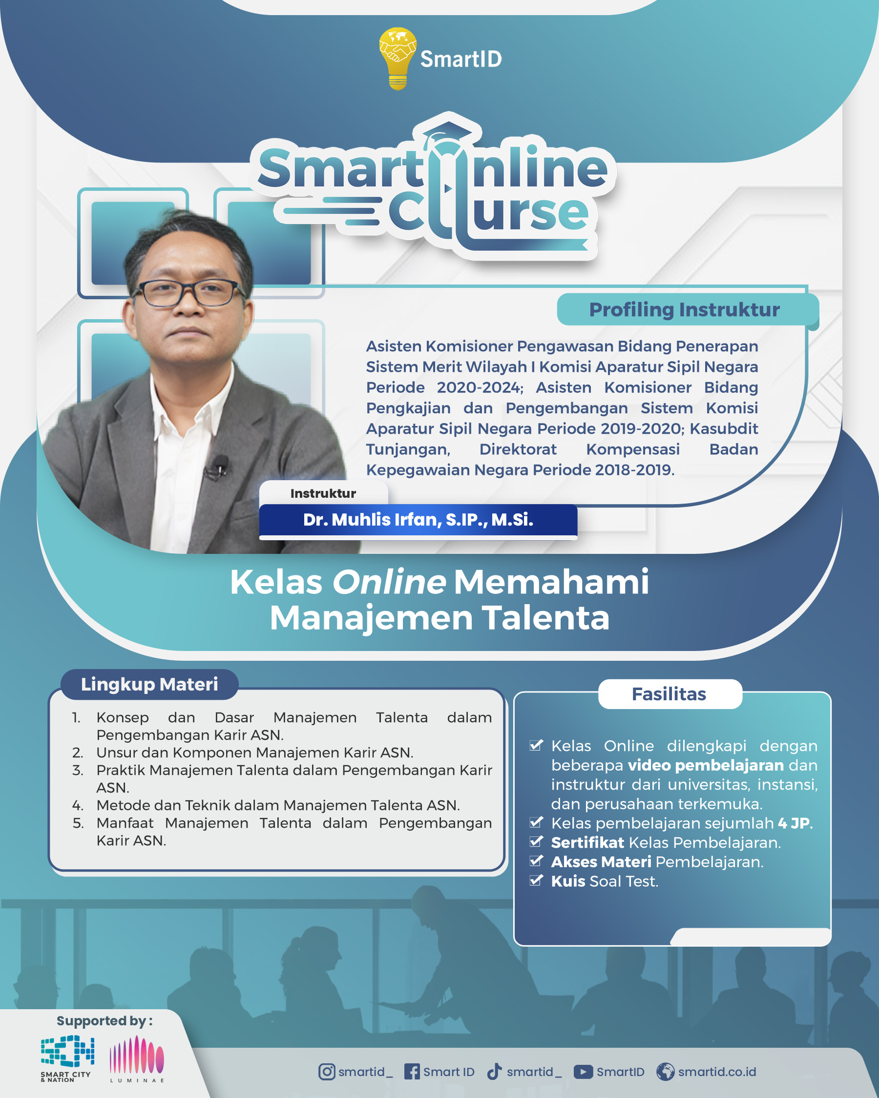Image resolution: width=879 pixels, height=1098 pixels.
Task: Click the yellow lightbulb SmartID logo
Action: pyautogui.click(x=398, y=59)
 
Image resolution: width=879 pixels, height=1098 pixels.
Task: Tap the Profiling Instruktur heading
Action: pyautogui.click(x=684, y=310)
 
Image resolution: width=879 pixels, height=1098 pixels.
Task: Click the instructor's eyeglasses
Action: pyautogui.click(x=188, y=293)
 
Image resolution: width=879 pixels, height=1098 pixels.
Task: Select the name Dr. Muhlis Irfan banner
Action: pyautogui.click(x=418, y=520)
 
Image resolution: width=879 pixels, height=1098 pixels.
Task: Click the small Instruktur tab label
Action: pyautogui.click(x=323, y=493)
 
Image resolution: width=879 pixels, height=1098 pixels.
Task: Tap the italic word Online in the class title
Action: pyautogui.click(x=389, y=582)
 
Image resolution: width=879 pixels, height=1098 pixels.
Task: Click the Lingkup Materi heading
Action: pyautogui.click(x=149, y=684)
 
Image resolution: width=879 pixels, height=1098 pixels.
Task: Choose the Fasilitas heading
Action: pyautogui.click(x=669, y=694)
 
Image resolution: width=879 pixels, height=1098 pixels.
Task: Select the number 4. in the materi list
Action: pyautogui.click(x=78, y=806)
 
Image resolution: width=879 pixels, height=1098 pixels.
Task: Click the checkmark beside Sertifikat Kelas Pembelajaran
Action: pyautogui.click(x=536, y=841)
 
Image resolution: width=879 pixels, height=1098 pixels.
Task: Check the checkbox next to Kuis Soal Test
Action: pyautogui.click(x=536, y=880)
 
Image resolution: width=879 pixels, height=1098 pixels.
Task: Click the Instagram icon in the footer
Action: pyautogui.click(x=327, y=1072)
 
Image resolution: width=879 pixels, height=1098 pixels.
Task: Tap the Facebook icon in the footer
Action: pyautogui.click(x=412, y=1072)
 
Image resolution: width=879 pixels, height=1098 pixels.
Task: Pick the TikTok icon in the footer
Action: pyautogui.click(x=494, y=1072)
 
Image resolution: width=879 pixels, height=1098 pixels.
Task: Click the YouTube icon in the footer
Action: pyautogui.click(x=583, y=1072)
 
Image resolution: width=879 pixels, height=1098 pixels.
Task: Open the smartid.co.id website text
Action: pyautogui.click(x=717, y=1072)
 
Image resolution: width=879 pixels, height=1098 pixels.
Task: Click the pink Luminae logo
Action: pyautogui.click(x=137, y=1058)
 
